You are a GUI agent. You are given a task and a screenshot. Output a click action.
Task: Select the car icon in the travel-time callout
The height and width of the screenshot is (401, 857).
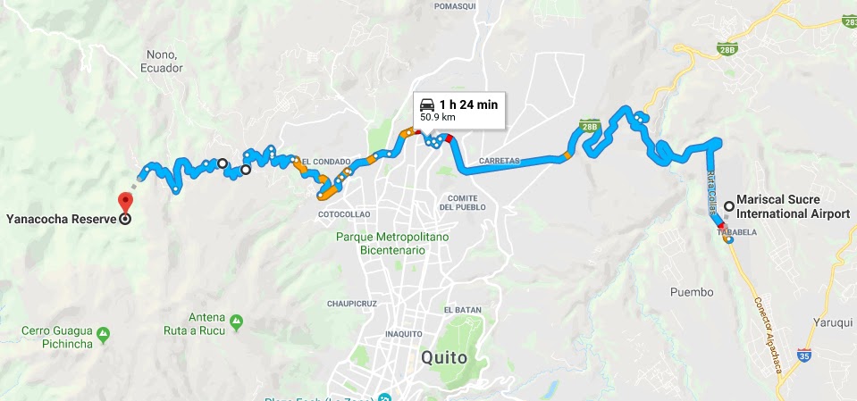(427, 104)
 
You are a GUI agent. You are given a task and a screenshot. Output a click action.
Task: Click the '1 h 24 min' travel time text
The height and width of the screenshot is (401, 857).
(467, 104)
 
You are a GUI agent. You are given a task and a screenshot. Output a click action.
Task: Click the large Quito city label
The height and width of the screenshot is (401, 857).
(444, 357)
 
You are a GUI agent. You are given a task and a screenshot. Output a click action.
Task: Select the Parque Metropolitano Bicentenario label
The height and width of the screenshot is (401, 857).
(381, 243)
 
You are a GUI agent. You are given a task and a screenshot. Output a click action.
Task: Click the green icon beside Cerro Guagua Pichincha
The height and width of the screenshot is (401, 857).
(105, 334)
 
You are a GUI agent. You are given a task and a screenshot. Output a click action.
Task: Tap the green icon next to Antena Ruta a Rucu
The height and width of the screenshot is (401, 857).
(236, 320)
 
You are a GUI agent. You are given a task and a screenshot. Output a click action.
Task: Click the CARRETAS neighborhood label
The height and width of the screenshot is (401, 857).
(500, 162)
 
